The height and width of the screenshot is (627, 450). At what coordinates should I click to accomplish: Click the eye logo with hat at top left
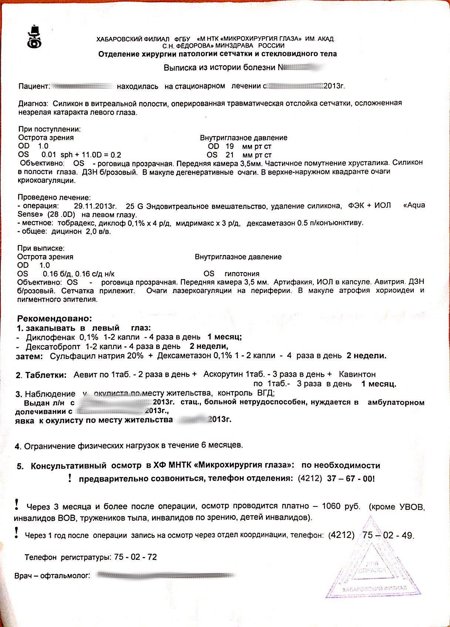pos(34,37)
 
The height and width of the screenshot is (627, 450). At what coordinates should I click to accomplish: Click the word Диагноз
pos(33,104)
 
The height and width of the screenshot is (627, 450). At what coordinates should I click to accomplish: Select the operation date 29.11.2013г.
pos(95,206)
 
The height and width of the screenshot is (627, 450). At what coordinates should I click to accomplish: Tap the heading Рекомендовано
pos(54,318)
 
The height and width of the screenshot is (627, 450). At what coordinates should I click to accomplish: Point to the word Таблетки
pos(46,375)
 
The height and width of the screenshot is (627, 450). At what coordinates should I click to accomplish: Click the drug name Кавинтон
pos(357,374)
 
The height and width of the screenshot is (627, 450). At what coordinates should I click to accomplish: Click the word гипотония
pos(242,274)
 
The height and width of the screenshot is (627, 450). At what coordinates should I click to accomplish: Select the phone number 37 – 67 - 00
pos(350,478)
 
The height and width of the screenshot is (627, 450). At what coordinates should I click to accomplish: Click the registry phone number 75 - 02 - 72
pos(135,557)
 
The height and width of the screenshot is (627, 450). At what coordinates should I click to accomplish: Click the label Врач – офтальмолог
pos(52,576)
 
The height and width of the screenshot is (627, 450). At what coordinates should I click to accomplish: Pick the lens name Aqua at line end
pos(414,206)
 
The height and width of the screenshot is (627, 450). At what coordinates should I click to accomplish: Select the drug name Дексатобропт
pos(53,346)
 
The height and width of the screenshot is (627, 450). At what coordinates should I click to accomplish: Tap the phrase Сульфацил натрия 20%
pos(97,356)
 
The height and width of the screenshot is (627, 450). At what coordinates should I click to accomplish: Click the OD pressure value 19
pos(230,146)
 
